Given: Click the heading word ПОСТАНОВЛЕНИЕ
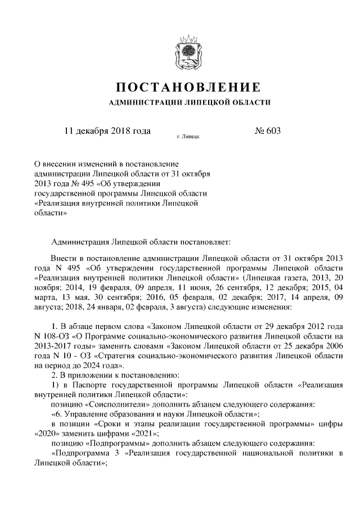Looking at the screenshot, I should tap(188, 87).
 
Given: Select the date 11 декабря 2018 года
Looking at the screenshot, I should tap(107, 131).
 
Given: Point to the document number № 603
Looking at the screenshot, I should tap(267, 131).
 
